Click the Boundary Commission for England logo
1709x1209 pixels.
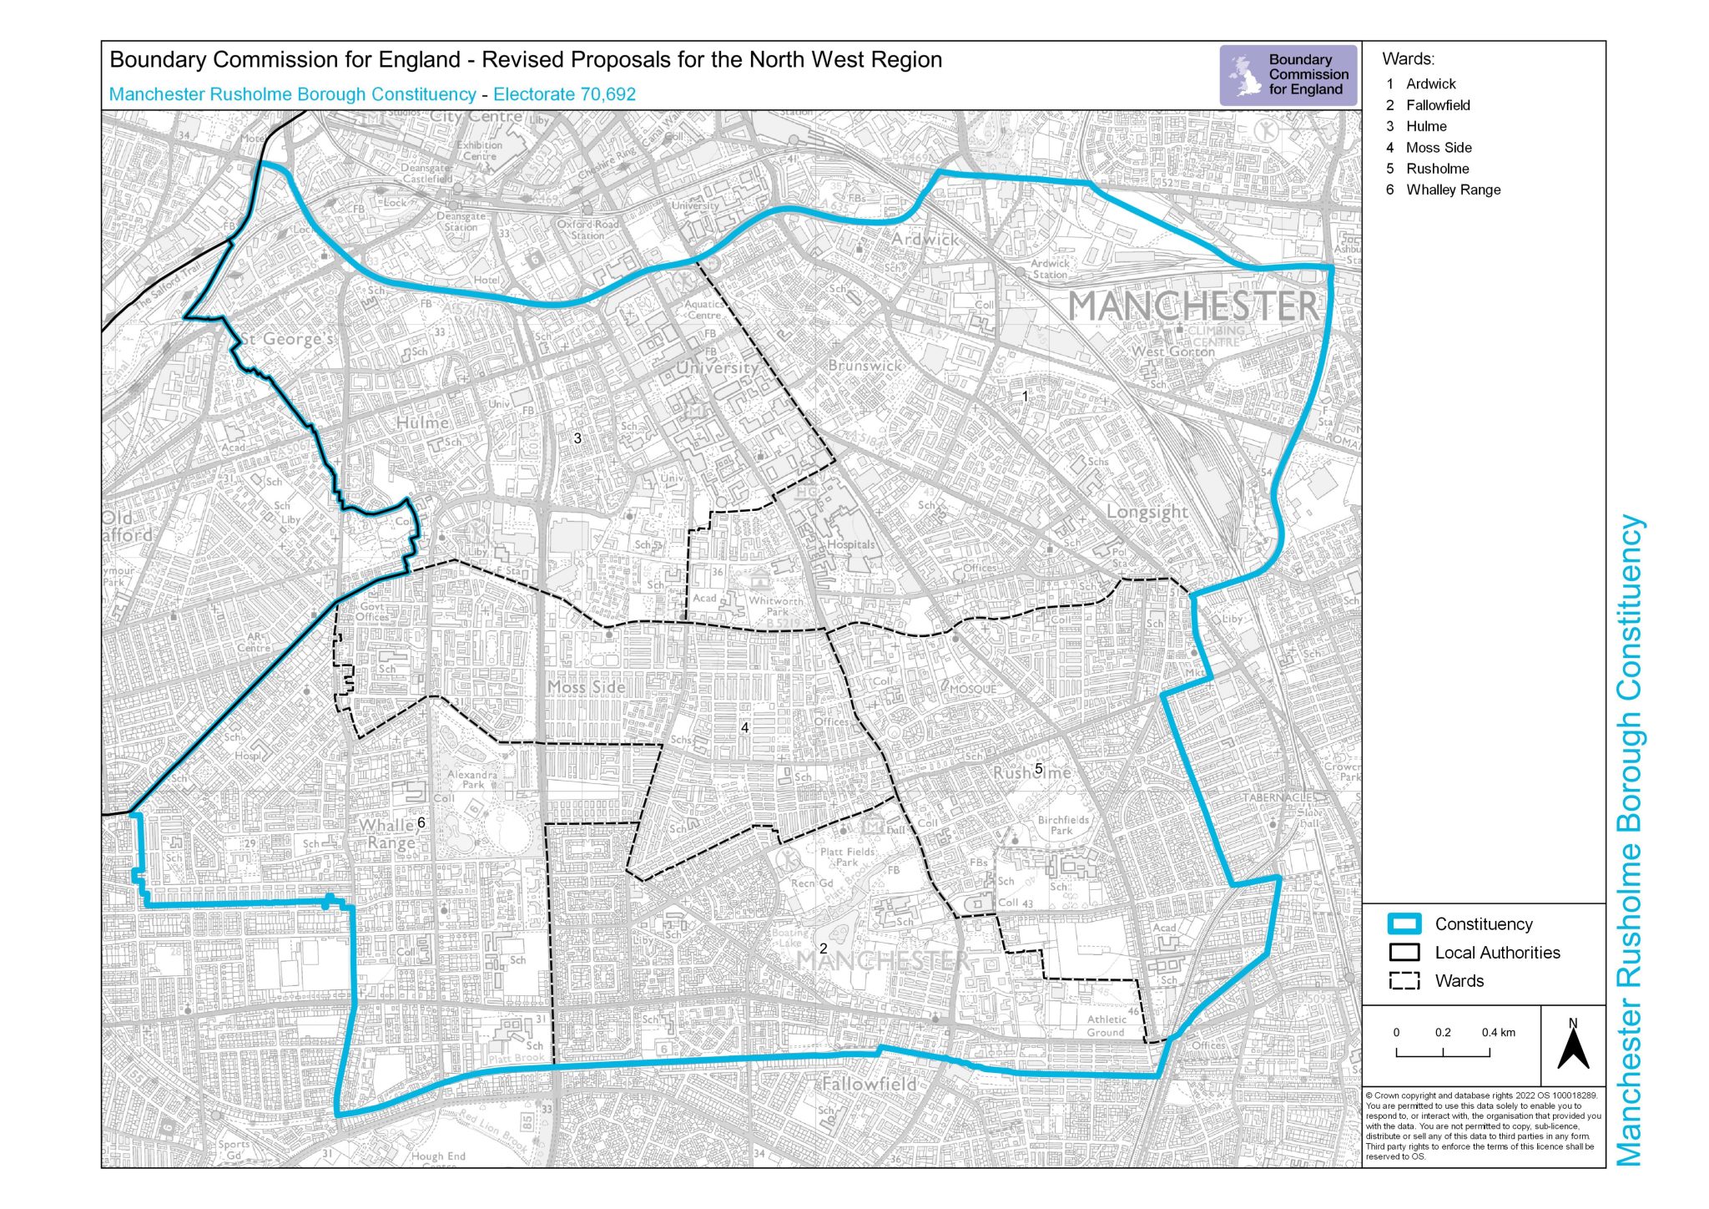[1288, 74]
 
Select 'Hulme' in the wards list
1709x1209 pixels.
[1425, 126]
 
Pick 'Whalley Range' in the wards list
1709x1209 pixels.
[1452, 190]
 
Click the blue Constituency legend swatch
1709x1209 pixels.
[1404, 923]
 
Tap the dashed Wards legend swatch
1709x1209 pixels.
[1404, 981]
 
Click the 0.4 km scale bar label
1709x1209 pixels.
[1498, 1032]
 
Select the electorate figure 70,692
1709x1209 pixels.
[608, 94]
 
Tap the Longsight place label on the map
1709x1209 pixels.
[1147, 511]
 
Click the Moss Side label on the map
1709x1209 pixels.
[586, 686]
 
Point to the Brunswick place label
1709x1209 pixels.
[865, 366]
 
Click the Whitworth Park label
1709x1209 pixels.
[776, 605]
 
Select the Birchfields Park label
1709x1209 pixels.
[1063, 825]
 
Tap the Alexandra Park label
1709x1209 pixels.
[472, 779]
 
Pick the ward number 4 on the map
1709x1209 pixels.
[744, 727]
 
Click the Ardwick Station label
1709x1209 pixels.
[1050, 268]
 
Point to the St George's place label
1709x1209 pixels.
[288, 339]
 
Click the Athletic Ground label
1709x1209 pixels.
[1106, 1025]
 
